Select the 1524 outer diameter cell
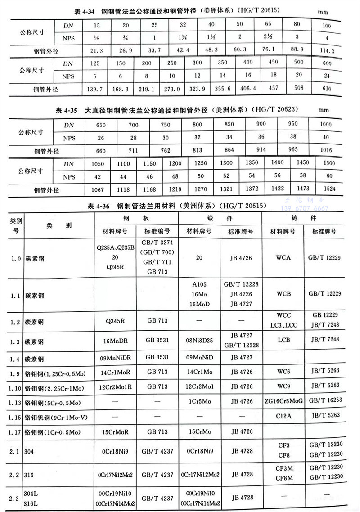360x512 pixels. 329,189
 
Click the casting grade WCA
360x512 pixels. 283,258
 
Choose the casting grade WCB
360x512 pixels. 283,293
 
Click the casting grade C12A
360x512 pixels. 283,416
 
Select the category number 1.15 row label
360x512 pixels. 16,416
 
